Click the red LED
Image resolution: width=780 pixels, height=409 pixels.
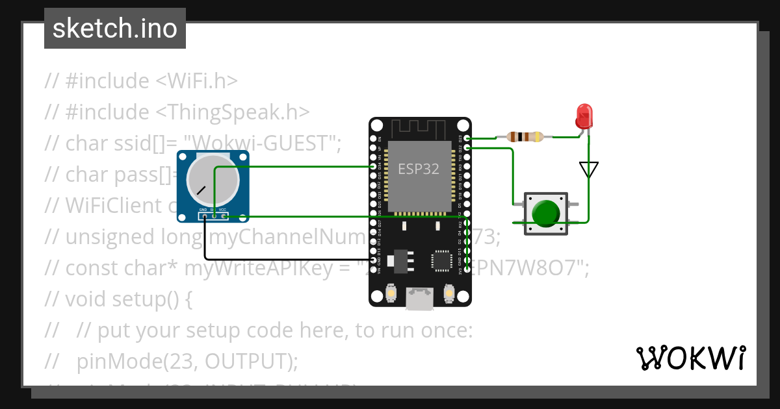point(584,116)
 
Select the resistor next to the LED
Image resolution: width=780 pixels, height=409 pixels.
point(524,137)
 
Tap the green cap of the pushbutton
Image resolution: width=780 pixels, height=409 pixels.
point(546,213)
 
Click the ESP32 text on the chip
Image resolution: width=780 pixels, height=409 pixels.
point(419,169)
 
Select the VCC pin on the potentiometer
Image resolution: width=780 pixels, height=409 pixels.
point(223,215)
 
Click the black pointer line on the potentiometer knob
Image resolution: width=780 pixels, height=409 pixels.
point(201,191)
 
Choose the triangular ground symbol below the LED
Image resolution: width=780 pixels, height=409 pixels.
point(588,169)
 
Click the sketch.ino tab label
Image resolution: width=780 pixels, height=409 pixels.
point(115,29)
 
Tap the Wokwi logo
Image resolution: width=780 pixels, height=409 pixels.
point(690,358)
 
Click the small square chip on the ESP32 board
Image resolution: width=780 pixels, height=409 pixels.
point(441,260)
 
